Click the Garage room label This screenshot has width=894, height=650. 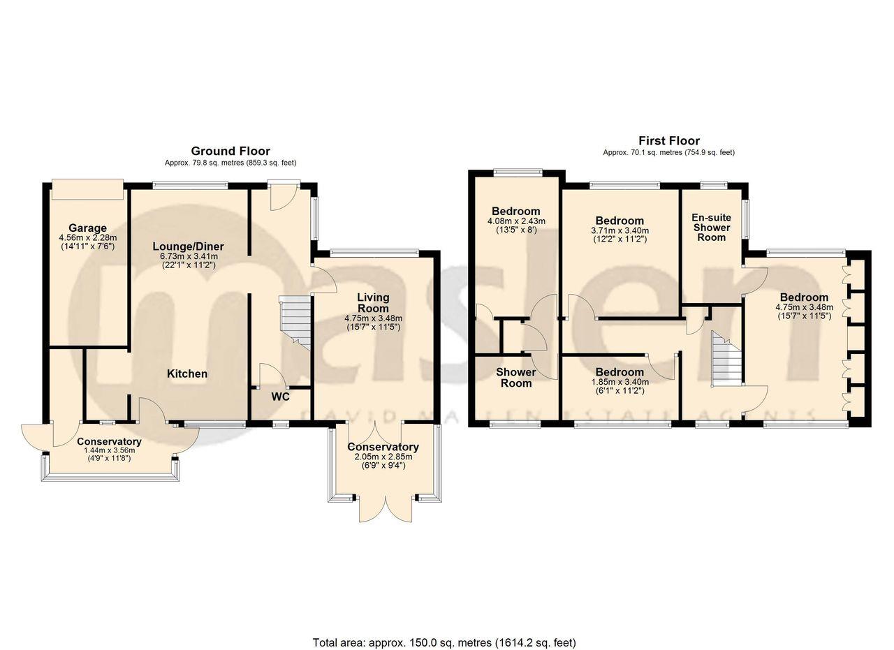[x=87, y=228]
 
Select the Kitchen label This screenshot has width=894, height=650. [x=186, y=374]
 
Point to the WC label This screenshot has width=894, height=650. [x=280, y=397]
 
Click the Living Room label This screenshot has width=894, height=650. [x=373, y=303]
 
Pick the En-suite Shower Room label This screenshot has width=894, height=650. [x=711, y=227]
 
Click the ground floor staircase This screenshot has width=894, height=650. [x=295, y=321]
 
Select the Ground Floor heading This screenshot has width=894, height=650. [x=230, y=151]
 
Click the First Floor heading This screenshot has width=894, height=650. [x=668, y=141]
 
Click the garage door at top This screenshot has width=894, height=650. [x=87, y=189]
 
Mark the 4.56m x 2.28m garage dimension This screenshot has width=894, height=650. [x=87, y=238]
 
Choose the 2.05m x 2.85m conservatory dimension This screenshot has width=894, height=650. [x=383, y=457]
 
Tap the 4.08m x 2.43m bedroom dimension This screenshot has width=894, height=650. [x=516, y=221]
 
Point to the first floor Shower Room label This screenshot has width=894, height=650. [x=515, y=377]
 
